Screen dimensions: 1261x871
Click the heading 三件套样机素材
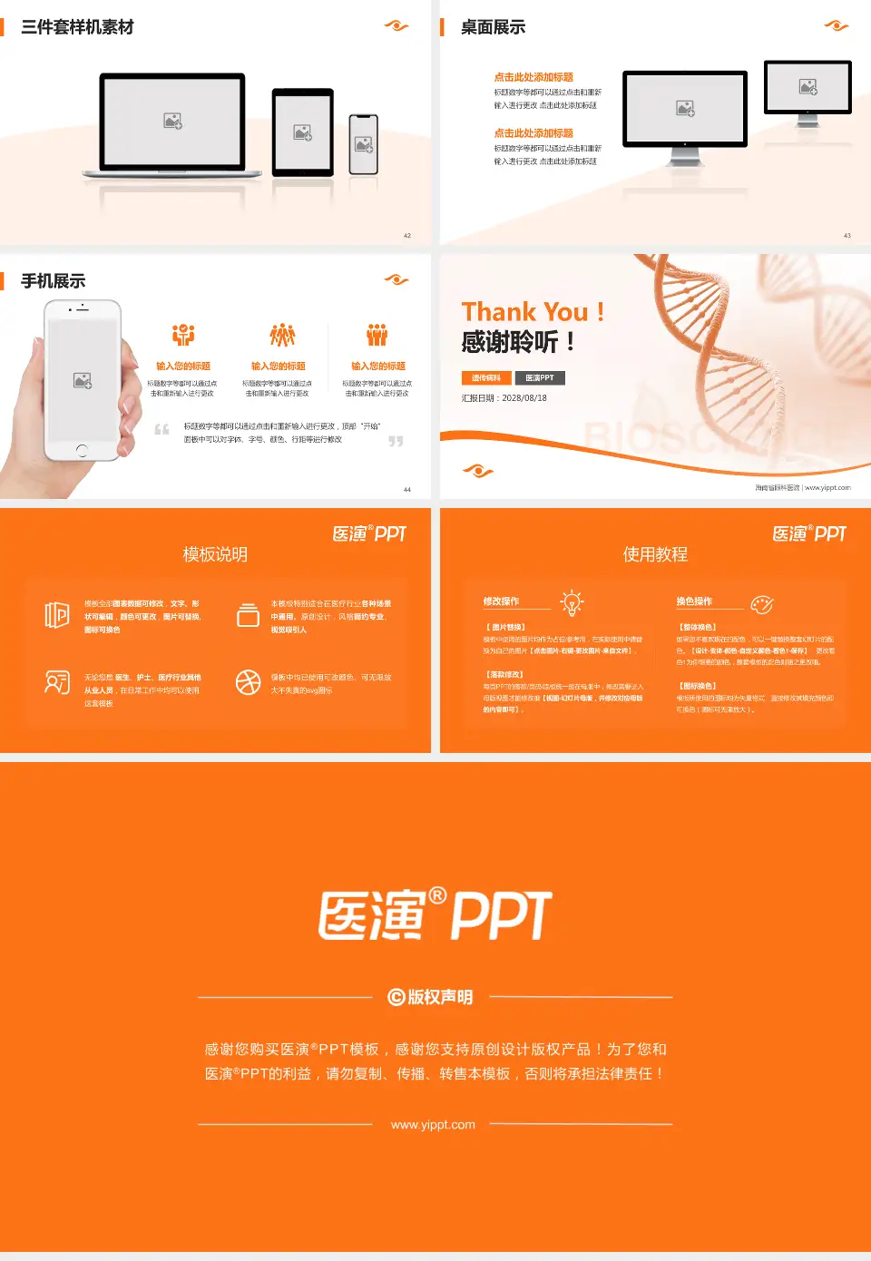(x=77, y=27)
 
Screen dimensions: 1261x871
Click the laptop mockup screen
(x=172, y=121)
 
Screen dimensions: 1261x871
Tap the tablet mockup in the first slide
(x=303, y=132)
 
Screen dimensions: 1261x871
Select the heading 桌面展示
(x=493, y=27)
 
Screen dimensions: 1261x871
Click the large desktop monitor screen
(x=685, y=108)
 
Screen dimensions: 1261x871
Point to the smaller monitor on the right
(x=807, y=87)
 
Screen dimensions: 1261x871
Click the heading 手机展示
(x=54, y=281)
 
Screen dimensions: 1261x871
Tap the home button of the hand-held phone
(x=82, y=450)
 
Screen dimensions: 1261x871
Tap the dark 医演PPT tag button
(x=540, y=378)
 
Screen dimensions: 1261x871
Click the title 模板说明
(x=215, y=554)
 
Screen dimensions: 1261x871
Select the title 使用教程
(x=655, y=554)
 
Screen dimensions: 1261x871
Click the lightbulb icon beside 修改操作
(x=572, y=602)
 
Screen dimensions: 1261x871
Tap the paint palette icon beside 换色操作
(x=762, y=604)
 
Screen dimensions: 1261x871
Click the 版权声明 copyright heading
(x=431, y=997)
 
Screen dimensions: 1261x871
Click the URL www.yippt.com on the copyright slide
(x=433, y=1125)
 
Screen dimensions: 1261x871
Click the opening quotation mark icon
(x=161, y=429)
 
